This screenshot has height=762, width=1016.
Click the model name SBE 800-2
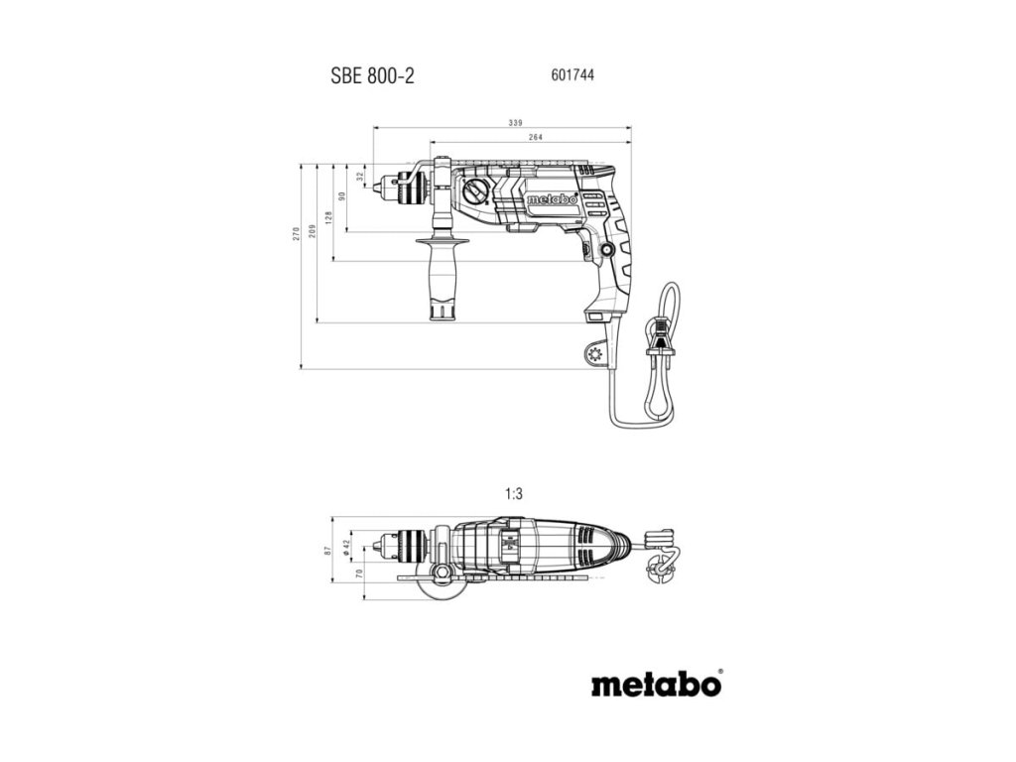372,76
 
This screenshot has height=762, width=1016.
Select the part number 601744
571,74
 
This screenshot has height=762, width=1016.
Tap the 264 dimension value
535,138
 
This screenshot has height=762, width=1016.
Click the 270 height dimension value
295,234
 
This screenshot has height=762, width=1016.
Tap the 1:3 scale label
513,492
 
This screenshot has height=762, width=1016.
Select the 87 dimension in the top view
328,551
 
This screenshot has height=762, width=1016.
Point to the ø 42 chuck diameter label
345,546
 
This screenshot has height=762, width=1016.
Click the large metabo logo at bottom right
656,685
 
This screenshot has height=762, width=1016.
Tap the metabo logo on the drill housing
553,197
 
